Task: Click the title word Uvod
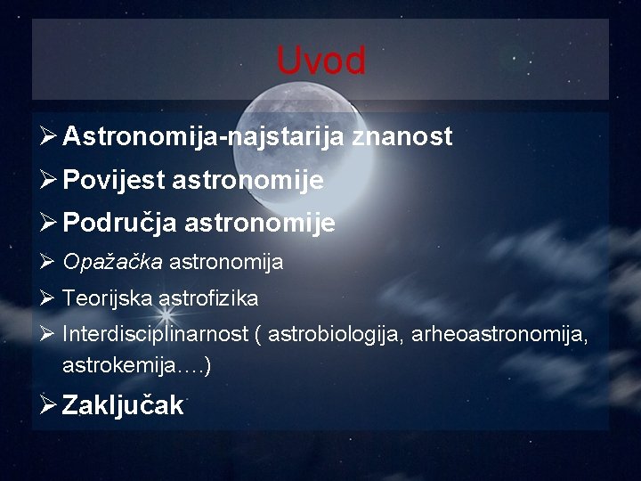(x=320, y=61)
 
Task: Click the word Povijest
(x=113, y=182)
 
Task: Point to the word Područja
(x=121, y=224)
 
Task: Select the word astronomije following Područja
(x=260, y=224)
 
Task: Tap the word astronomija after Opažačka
(x=226, y=262)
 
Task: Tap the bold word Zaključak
(x=123, y=406)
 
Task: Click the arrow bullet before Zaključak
(x=48, y=406)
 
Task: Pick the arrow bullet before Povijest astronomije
(x=48, y=182)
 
